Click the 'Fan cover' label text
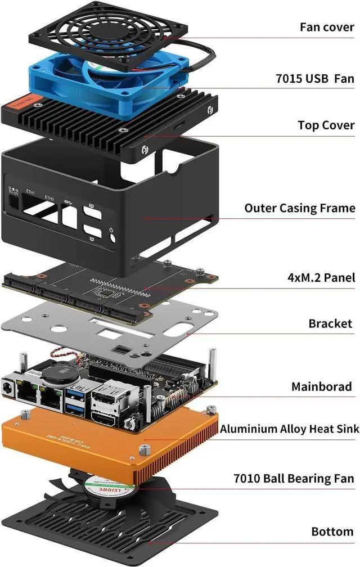click(327, 27)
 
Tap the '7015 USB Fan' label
click(315, 78)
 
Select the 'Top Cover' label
click(326, 125)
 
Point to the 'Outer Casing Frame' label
click(299, 208)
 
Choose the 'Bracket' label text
click(330, 323)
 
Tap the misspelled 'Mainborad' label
click(321, 386)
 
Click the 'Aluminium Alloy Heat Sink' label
click(289, 429)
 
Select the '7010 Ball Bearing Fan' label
click(294, 479)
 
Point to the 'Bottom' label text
click(332, 532)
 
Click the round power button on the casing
click(114, 237)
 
